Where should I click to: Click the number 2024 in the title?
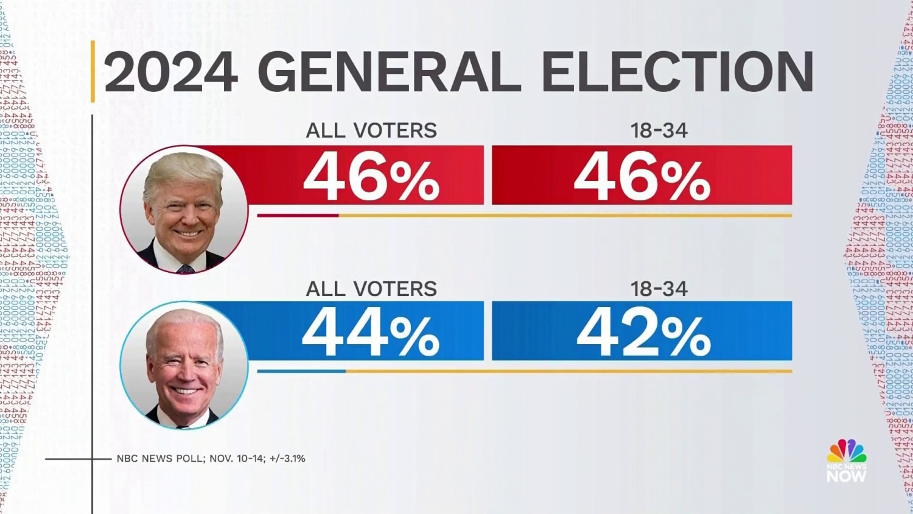click(x=171, y=72)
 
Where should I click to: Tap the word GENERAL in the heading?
click(x=389, y=72)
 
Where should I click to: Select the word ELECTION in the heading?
click(x=677, y=72)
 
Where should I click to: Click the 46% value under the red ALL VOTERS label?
click(x=371, y=177)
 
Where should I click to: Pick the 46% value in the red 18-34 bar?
click(x=642, y=177)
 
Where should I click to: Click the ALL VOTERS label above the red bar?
click(x=371, y=130)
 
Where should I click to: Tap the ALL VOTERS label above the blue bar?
click(x=371, y=289)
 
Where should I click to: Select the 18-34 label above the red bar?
click(x=659, y=130)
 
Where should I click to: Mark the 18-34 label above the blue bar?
click(x=659, y=289)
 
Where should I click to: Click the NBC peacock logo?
click(x=846, y=451)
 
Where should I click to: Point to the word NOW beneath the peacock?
click(x=846, y=476)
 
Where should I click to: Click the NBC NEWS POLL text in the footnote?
click(x=159, y=459)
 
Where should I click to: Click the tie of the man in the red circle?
click(x=185, y=268)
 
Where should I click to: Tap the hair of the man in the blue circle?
click(x=183, y=320)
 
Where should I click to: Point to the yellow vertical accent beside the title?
click(x=93, y=71)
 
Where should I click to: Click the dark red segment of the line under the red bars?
click(x=298, y=215)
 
